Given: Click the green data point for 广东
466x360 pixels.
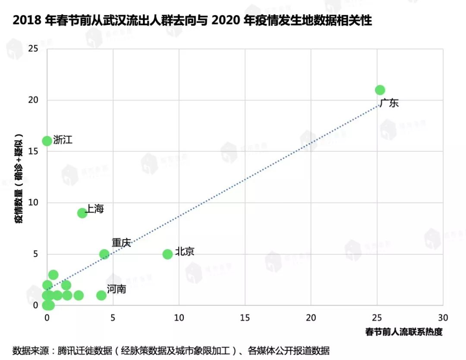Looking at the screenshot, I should [380, 90].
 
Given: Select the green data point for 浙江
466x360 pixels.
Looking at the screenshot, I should [47, 141].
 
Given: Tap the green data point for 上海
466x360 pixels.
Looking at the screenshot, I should [82, 213].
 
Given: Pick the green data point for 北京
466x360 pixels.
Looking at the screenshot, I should [167, 254].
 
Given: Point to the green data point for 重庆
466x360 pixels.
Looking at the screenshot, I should [104, 254].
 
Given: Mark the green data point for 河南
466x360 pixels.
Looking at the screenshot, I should [101, 295].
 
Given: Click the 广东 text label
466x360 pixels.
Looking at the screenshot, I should [389, 103].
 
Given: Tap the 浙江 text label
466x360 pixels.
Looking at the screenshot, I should [63, 140].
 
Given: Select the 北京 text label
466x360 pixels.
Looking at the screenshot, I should [185, 252].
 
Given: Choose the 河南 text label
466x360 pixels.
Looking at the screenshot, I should [116, 289].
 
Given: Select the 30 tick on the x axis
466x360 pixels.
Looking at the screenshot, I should [443, 318].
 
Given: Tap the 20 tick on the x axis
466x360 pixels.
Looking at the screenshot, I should [311, 318].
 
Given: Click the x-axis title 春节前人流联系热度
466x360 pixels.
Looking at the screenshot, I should [404, 332].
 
